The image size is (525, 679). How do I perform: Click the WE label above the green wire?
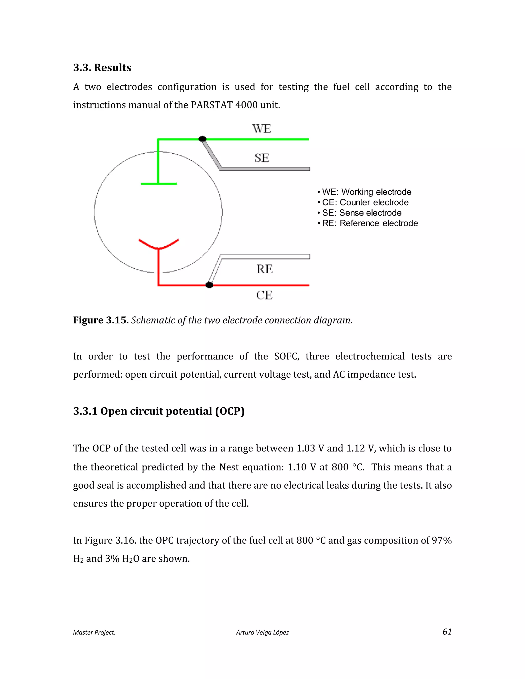point(261,128)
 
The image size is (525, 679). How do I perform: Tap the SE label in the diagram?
point(261,158)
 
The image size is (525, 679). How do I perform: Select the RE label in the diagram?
point(264,269)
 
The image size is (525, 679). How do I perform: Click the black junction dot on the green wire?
point(203,139)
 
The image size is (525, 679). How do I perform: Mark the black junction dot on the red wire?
point(209,285)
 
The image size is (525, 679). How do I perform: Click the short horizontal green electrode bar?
point(159,184)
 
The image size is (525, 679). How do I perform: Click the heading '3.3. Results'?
point(102,67)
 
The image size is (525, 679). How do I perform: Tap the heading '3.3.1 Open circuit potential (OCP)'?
point(159,411)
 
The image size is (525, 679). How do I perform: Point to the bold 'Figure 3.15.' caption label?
point(101,320)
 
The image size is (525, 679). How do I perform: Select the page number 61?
point(447,631)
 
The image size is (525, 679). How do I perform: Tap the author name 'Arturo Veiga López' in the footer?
point(262,632)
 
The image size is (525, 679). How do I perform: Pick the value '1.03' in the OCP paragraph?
point(306,448)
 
